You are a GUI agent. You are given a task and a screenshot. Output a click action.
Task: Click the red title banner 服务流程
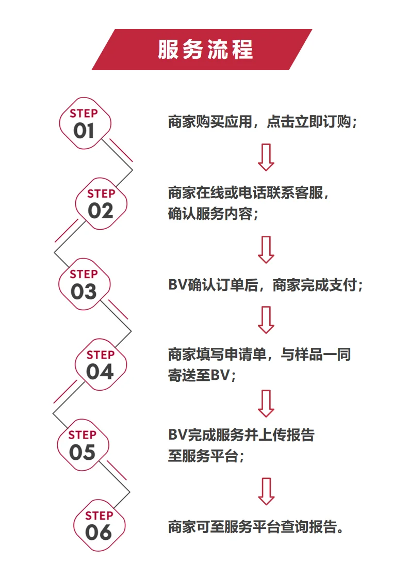[204, 50]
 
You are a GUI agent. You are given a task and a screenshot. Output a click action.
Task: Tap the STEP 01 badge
[84, 123]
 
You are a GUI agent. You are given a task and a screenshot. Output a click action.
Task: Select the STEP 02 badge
[101, 203]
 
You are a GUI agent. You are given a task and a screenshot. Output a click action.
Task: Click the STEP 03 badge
[84, 284]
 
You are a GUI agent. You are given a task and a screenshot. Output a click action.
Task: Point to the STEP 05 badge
[83, 445]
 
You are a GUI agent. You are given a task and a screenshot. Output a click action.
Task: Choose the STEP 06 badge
[99, 525]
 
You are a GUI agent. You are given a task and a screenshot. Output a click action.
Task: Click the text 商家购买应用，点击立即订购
[263, 122]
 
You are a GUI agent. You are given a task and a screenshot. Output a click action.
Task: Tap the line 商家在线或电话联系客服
[248, 193]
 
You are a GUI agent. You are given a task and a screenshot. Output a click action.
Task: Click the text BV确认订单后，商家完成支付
[266, 284]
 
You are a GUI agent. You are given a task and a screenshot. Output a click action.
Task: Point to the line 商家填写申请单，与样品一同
[259, 355]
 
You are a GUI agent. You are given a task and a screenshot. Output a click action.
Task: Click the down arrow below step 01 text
[266, 157]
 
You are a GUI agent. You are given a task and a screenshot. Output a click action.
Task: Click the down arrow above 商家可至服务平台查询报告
[266, 491]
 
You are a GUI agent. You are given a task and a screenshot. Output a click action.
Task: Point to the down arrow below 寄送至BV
[266, 403]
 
